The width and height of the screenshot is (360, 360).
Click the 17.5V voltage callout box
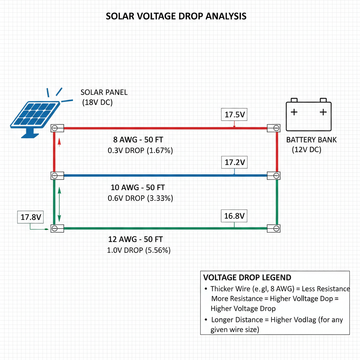click(x=234, y=114)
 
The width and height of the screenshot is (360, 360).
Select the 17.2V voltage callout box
click(x=234, y=162)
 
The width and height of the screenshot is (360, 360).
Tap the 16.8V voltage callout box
click(x=234, y=216)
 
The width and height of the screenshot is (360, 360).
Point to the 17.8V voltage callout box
click(x=31, y=217)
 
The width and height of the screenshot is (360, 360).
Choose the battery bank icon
click(x=309, y=115)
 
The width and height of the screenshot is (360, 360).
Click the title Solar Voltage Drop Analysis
click(x=176, y=16)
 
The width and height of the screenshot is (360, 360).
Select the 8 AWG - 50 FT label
click(x=138, y=140)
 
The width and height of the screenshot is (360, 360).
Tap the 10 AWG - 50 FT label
click(x=138, y=187)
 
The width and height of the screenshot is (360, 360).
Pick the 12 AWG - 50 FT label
click(x=135, y=239)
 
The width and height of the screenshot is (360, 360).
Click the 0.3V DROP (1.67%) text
click(x=140, y=150)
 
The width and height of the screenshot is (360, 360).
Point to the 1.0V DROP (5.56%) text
click(x=139, y=250)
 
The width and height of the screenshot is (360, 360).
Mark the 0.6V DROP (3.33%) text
click(x=140, y=198)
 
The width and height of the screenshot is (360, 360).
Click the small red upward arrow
click(x=59, y=142)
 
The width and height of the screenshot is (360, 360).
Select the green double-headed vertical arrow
click(x=59, y=204)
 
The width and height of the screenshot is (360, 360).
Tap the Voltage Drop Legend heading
click(x=247, y=277)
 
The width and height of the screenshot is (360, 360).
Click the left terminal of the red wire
click(x=57, y=128)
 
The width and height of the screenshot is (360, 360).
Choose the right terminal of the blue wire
click(x=274, y=176)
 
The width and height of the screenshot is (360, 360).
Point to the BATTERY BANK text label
click(x=311, y=140)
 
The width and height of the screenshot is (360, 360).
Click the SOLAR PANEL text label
click(x=104, y=92)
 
